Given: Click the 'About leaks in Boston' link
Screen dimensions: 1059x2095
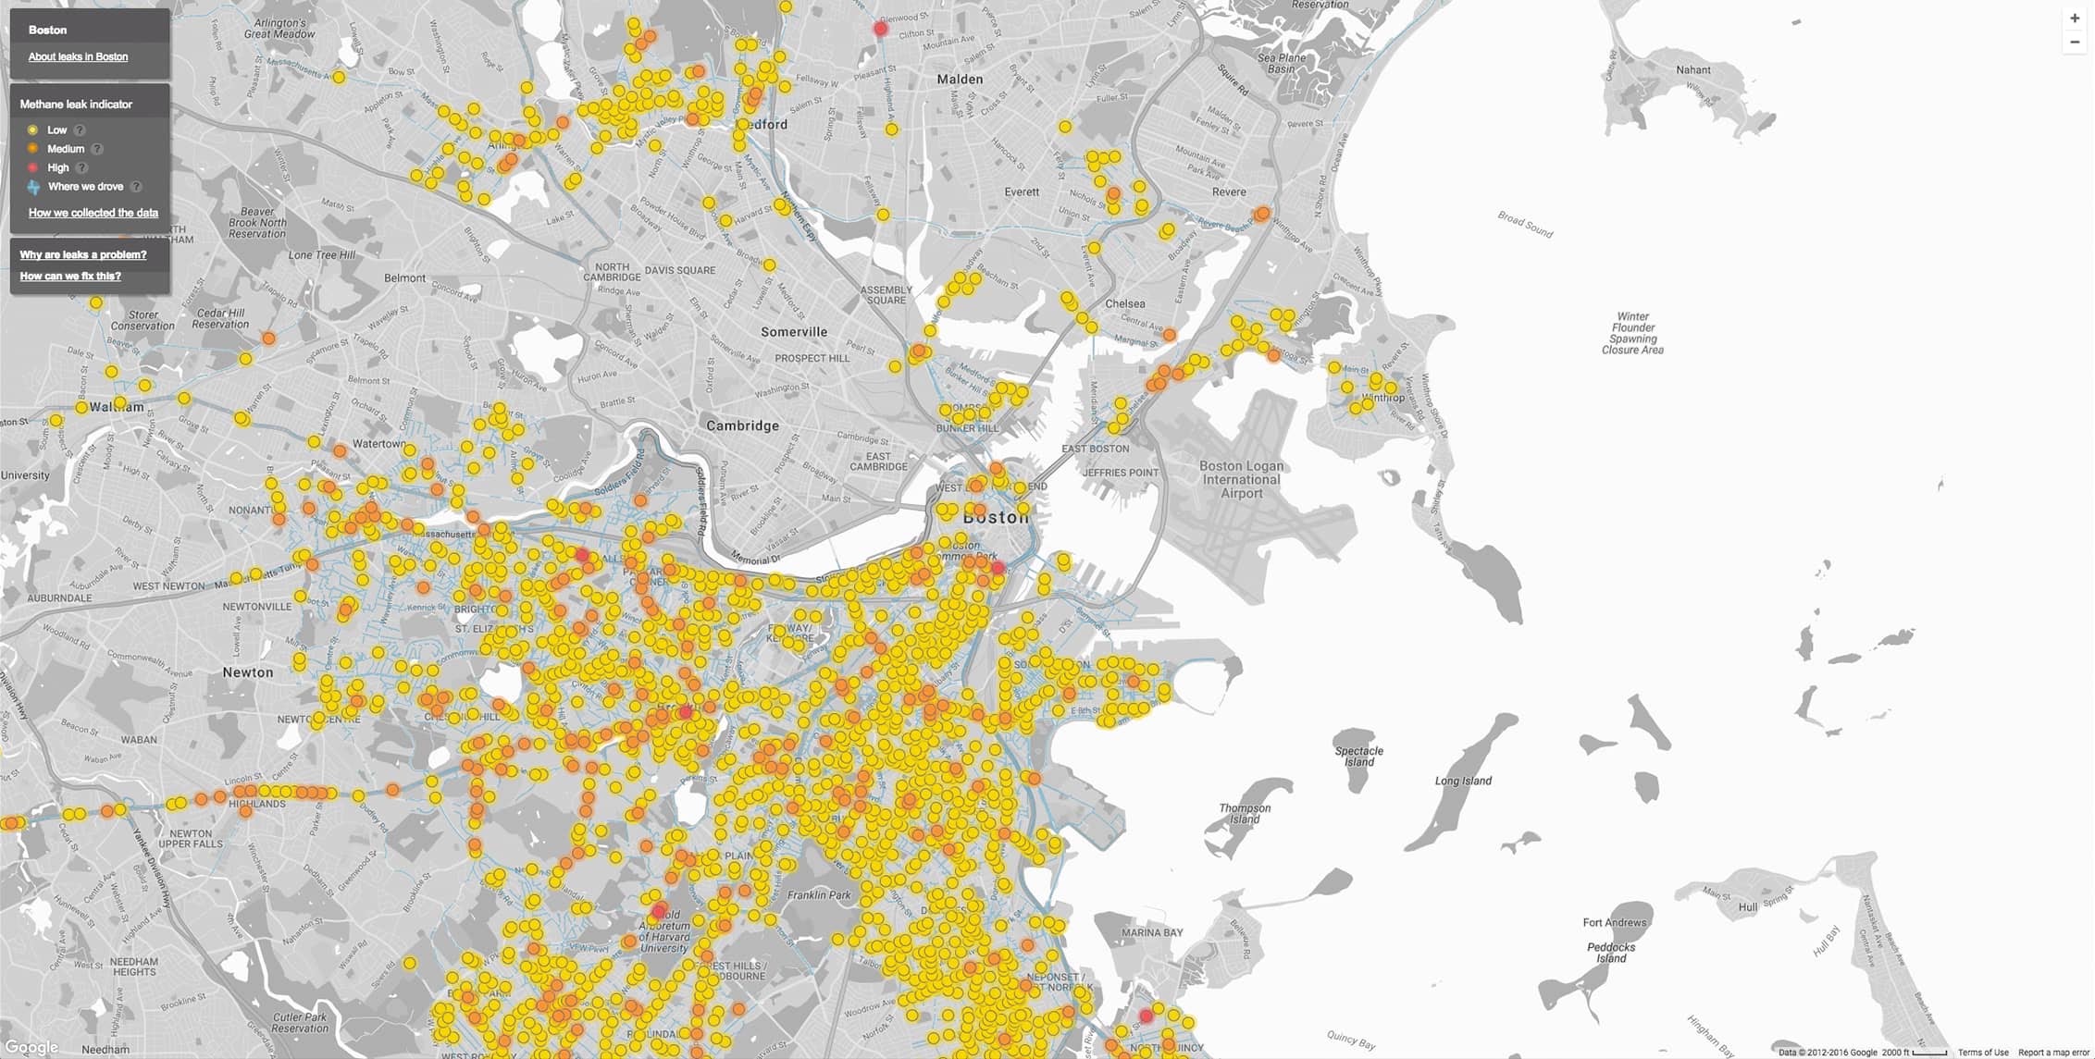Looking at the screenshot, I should [78, 56].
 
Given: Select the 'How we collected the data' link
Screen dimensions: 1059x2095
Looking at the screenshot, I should [93, 213].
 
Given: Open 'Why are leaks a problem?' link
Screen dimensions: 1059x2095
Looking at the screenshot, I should [83, 254].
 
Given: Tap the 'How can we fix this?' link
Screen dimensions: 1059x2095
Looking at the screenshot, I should [70, 276].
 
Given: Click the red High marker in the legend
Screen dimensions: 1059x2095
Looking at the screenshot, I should [32, 167].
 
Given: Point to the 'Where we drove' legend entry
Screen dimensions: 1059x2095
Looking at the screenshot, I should [85, 187].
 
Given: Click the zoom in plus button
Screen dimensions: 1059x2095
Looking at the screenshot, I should [2075, 18].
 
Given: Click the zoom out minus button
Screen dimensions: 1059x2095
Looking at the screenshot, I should [2075, 42].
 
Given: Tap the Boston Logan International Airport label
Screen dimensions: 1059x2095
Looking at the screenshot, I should [1241, 479].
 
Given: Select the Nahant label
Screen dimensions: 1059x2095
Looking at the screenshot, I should [1693, 70].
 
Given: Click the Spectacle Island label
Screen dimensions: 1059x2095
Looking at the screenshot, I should [1358, 757].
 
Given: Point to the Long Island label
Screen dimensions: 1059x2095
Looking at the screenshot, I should [1463, 781].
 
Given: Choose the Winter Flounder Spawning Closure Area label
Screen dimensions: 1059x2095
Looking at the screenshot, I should [1632, 333].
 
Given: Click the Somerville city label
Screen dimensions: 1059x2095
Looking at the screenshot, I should [794, 332].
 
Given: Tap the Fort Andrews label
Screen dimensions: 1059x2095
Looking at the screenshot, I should [1614, 922].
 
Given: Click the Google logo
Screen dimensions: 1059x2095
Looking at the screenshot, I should [31, 1047].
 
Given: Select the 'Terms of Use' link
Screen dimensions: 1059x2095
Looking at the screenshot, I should [1983, 1053].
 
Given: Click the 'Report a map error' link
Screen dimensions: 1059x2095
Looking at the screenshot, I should [2054, 1053].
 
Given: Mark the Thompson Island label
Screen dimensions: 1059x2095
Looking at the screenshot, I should [1245, 813].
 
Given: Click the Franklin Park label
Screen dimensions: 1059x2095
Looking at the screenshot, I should [819, 894].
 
